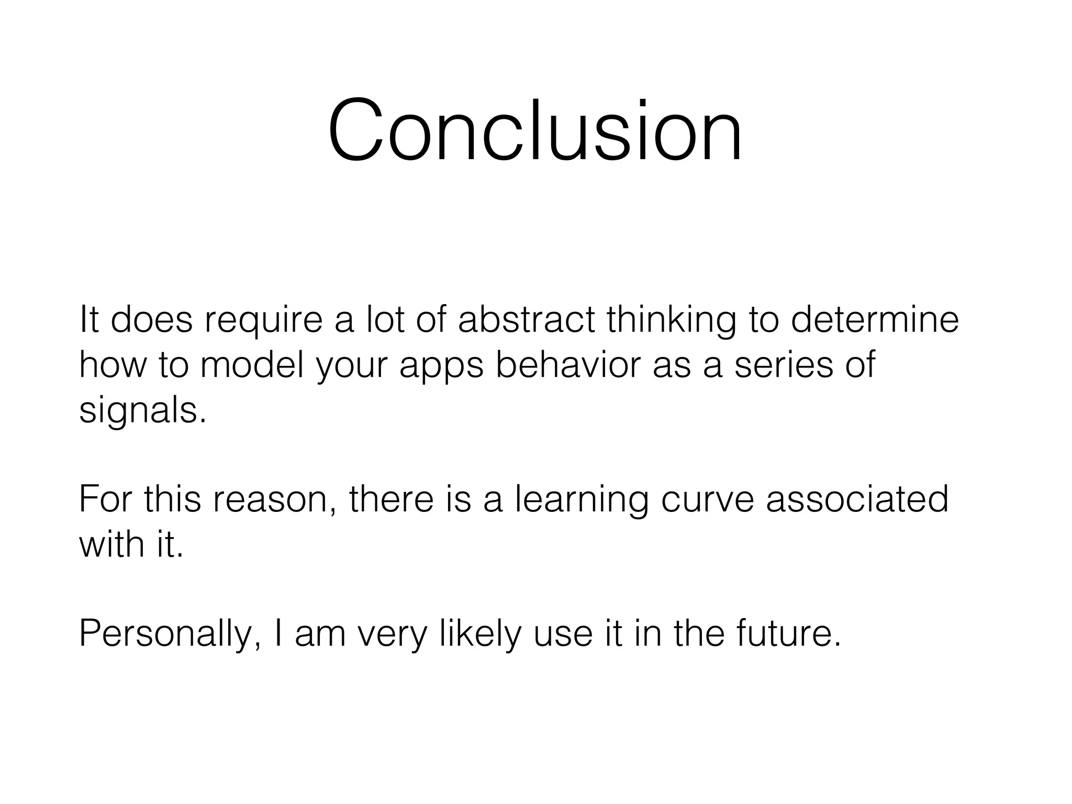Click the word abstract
(526, 320)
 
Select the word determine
(874, 320)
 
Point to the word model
(252, 365)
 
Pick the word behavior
(568, 365)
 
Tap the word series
(784, 365)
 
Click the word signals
(142, 411)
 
